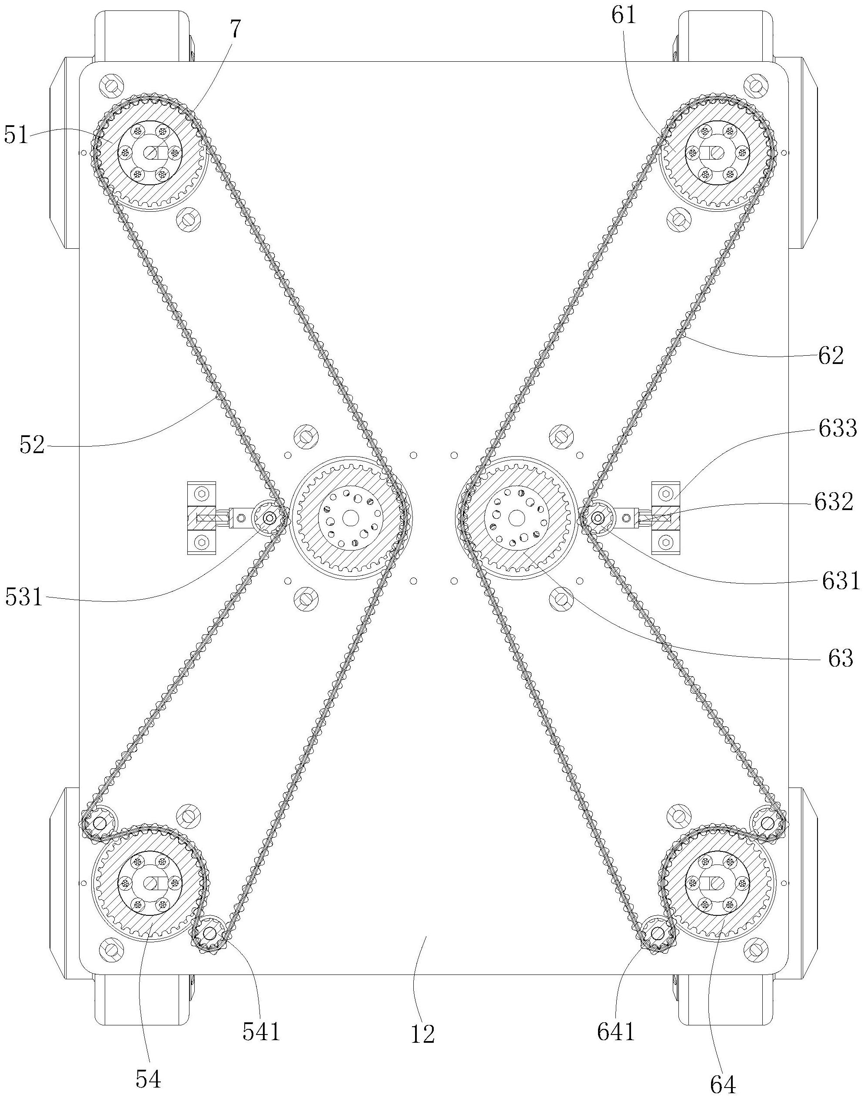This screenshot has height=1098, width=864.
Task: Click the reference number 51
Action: pyautogui.click(x=16, y=136)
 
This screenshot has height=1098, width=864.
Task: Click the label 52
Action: pyautogui.click(x=32, y=445)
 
